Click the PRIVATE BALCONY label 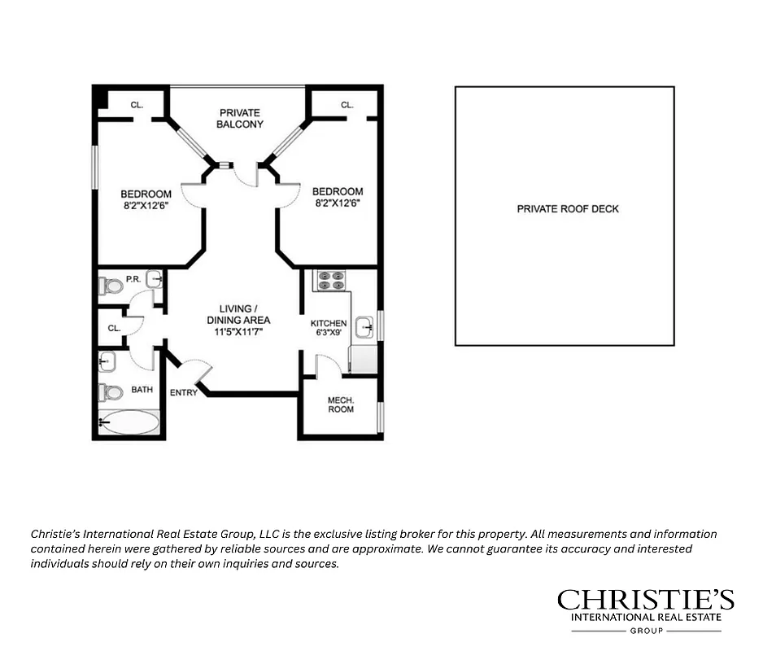pyautogui.click(x=238, y=118)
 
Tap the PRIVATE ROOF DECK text pyautogui.click(x=568, y=209)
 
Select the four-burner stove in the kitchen pyautogui.click(x=330, y=280)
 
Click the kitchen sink pyautogui.click(x=365, y=327)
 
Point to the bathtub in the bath pyautogui.click(x=129, y=422)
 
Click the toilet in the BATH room pyautogui.click(x=110, y=392)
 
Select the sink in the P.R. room pyautogui.click(x=154, y=278)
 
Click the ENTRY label pyautogui.click(x=183, y=393)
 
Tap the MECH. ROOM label pyautogui.click(x=341, y=404)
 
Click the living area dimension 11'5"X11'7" pyautogui.click(x=238, y=331)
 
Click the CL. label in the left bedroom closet pyautogui.click(x=137, y=105)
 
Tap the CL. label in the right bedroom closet pyautogui.click(x=347, y=105)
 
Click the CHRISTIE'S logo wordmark pyautogui.click(x=645, y=601)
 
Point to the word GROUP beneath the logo pyautogui.click(x=645, y=631)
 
